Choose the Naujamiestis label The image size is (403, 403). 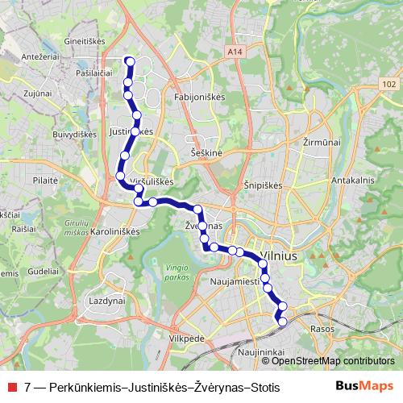[234, 282]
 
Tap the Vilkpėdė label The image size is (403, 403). [187, 340]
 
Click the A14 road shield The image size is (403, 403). [235, 52]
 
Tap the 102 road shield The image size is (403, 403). [389, 84]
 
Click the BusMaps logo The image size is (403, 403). [364, 387]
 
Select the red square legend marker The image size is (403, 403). [12, 387]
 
